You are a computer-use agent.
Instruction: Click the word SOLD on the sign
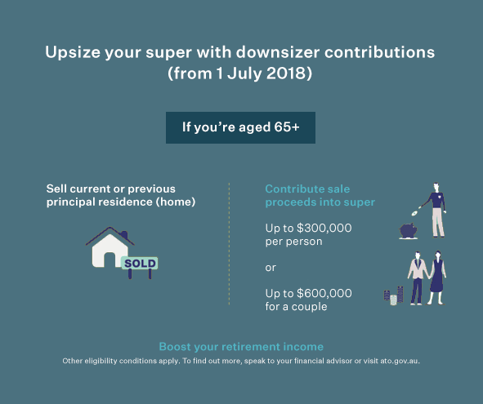140,264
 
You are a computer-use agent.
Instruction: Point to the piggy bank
408,231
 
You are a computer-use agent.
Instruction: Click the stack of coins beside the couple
394,296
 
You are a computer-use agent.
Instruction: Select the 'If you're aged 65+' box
240,127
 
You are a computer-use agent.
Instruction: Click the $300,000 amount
324,228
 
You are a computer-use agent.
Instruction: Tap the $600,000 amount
324,293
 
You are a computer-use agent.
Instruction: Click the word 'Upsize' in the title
73,52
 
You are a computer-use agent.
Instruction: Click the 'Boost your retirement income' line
241,347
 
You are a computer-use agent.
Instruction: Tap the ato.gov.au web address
400,361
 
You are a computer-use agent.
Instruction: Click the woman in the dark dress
436,277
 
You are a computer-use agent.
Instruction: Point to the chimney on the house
124,235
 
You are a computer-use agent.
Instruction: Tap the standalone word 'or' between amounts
271,268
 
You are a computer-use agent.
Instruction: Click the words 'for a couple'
296,306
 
